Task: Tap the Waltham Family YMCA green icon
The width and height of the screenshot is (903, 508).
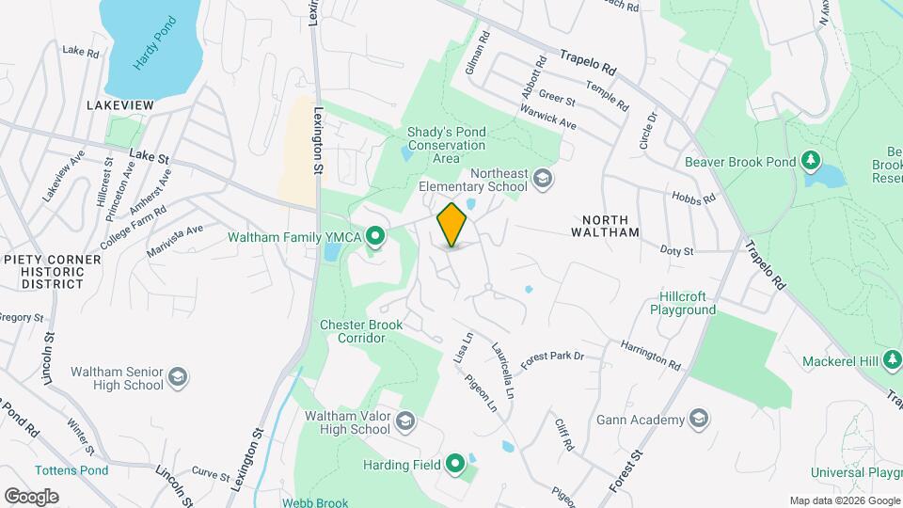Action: tap(375, 236)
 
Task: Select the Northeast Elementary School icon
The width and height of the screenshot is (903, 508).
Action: tap(542, 178)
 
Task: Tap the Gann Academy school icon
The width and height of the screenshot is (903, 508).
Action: tap(698, 418)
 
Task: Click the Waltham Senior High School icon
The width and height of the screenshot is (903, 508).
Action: tap(178, 378)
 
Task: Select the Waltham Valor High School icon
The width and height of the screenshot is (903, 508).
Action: tap(405, 421)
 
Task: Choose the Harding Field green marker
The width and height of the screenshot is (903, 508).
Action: tap(456, 464)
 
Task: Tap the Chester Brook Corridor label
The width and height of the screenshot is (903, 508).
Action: tap(361, 331)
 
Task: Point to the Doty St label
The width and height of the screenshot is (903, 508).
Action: tap(676, 251)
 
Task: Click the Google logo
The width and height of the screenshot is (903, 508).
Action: tap(31, 496)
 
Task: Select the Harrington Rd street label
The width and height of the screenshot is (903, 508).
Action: tap(650, 355)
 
